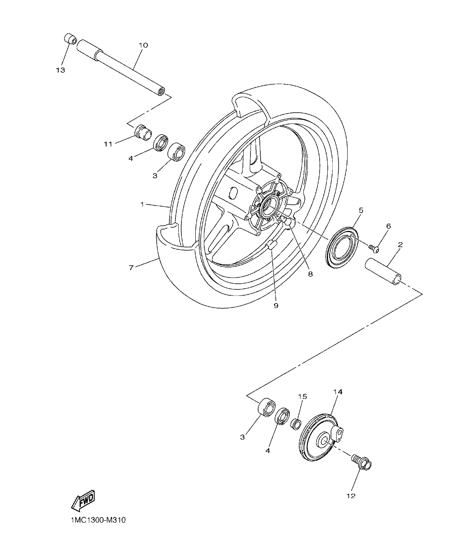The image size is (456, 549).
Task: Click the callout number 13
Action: click(61, 70)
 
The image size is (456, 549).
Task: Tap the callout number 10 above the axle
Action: click(143, 45)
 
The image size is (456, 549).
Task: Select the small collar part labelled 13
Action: click(71, 40)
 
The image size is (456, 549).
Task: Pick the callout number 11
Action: click(107, 143)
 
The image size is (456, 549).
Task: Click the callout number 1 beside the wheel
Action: click(142, 204)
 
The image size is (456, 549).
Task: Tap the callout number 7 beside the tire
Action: click(131, 268)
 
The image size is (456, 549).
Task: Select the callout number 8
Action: click(310, 274)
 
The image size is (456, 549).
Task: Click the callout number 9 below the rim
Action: click(276, 305)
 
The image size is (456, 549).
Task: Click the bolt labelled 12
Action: click(361, 462)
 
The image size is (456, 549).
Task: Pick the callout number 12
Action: click(351, 496)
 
